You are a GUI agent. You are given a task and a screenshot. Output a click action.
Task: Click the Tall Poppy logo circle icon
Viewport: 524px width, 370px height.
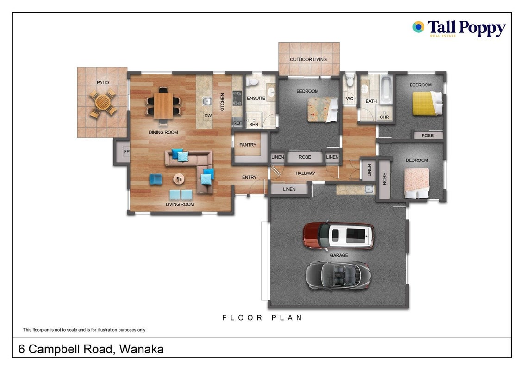(418, 27)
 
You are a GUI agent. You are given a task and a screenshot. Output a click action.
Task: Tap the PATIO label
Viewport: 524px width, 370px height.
(103, 82)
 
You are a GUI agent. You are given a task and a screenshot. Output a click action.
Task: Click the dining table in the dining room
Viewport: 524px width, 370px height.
(163, 105)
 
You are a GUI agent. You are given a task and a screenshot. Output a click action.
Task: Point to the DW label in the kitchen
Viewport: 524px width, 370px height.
(208, 116)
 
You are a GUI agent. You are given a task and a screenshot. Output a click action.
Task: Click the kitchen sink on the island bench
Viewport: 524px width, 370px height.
(207, 100)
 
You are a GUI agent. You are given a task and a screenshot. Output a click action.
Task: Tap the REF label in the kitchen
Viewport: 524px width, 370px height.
(237, 123)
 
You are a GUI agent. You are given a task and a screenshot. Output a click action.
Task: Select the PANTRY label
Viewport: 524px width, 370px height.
(248, 145)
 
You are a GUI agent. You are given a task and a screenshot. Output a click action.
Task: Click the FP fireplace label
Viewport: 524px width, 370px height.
(126, 152)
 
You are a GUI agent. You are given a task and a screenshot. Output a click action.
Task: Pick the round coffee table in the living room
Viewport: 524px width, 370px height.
(179, 179)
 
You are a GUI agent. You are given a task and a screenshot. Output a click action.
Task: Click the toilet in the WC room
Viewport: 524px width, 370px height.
(349, 80)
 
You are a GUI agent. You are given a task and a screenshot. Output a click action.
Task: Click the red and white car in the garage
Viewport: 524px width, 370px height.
(338, 236)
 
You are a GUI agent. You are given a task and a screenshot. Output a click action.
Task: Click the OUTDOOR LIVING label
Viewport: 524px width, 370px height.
(308, 60)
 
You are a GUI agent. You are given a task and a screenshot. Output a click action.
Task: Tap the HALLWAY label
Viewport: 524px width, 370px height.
(305, 173)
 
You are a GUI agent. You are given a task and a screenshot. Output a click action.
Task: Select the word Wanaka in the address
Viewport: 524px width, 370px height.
(141, 349)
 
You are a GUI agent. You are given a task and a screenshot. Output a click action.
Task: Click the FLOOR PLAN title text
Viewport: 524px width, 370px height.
(262, 318)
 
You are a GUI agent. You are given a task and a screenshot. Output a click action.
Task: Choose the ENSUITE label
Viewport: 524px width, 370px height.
(256, 98)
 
